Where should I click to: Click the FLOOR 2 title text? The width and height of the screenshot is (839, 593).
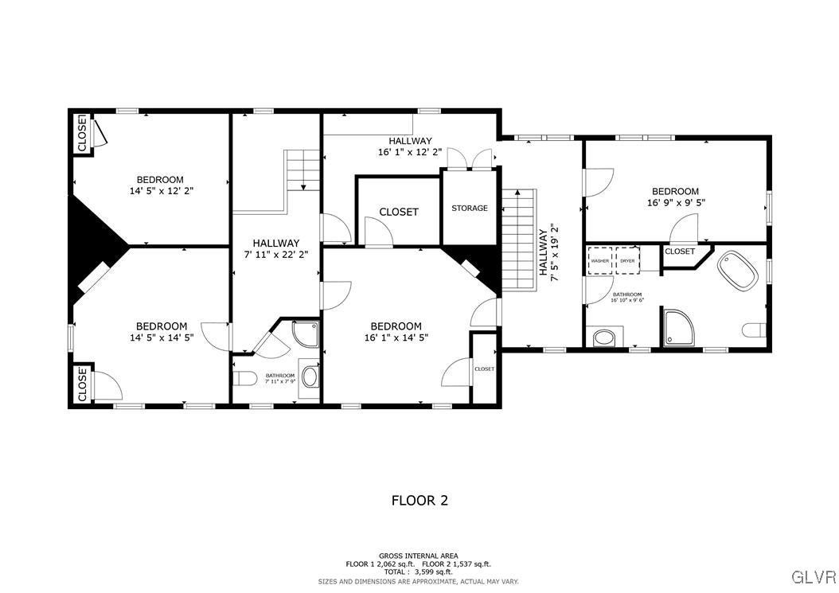419,501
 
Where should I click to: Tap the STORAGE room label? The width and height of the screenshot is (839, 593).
470,209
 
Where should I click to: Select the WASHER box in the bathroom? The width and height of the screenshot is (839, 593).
600,261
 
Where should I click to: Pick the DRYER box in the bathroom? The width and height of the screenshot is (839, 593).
628,261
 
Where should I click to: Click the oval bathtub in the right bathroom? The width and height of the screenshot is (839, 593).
738,271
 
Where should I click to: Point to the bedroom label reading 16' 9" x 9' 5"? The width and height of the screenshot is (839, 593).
675,197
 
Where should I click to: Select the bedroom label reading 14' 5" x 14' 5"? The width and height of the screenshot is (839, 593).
162,332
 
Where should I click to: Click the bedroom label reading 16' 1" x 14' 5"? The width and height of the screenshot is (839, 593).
396,332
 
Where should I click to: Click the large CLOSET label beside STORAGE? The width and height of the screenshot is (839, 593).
399,212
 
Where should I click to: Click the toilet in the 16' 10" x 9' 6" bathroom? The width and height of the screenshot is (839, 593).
753,330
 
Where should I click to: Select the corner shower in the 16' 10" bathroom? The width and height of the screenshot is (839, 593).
678,330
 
